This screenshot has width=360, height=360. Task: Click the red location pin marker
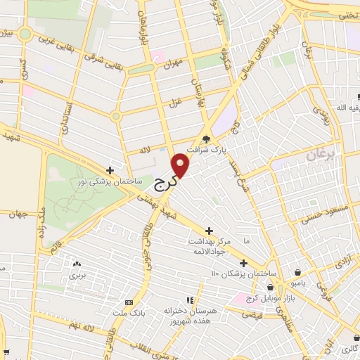(x=181, y=165)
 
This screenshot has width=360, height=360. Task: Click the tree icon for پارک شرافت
(x=206, y=139)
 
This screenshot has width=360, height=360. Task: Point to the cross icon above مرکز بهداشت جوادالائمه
(x=209, y=231)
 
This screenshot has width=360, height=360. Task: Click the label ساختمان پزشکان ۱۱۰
(x=244, y=274)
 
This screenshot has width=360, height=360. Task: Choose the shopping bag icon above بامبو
(x=299, y=272)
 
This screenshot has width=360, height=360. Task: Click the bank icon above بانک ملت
(x=128, y=301)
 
